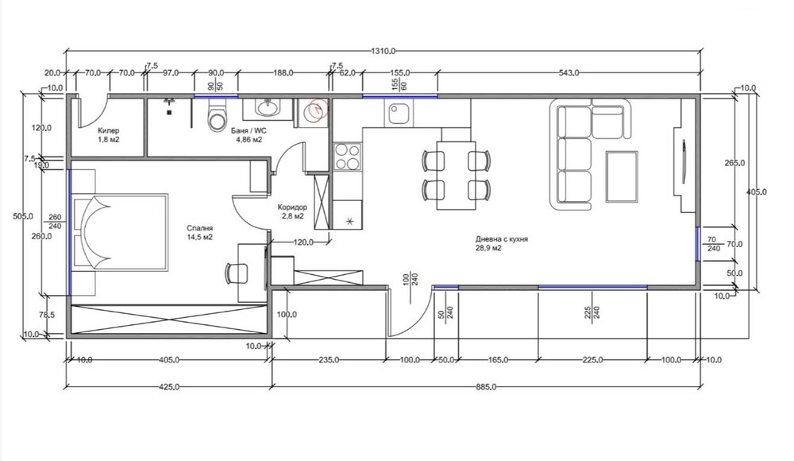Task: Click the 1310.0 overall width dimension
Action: click(383, 51)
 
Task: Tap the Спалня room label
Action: click(199, 229)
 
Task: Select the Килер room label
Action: click(109, 131)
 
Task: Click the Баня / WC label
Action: click(249, 131)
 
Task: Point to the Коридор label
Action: click(292, 207)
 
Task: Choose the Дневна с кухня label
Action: click(501, 239)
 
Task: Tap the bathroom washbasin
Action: click(266, 107)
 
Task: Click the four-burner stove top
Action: click(348, 157)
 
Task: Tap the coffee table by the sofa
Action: click(622, 176)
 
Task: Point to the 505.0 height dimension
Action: click(23, 216)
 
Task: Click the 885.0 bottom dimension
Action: click(486, 387)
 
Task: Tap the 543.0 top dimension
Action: click(569, 73)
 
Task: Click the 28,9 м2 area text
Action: click(488, 248)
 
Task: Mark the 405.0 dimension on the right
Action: click(757, 192)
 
